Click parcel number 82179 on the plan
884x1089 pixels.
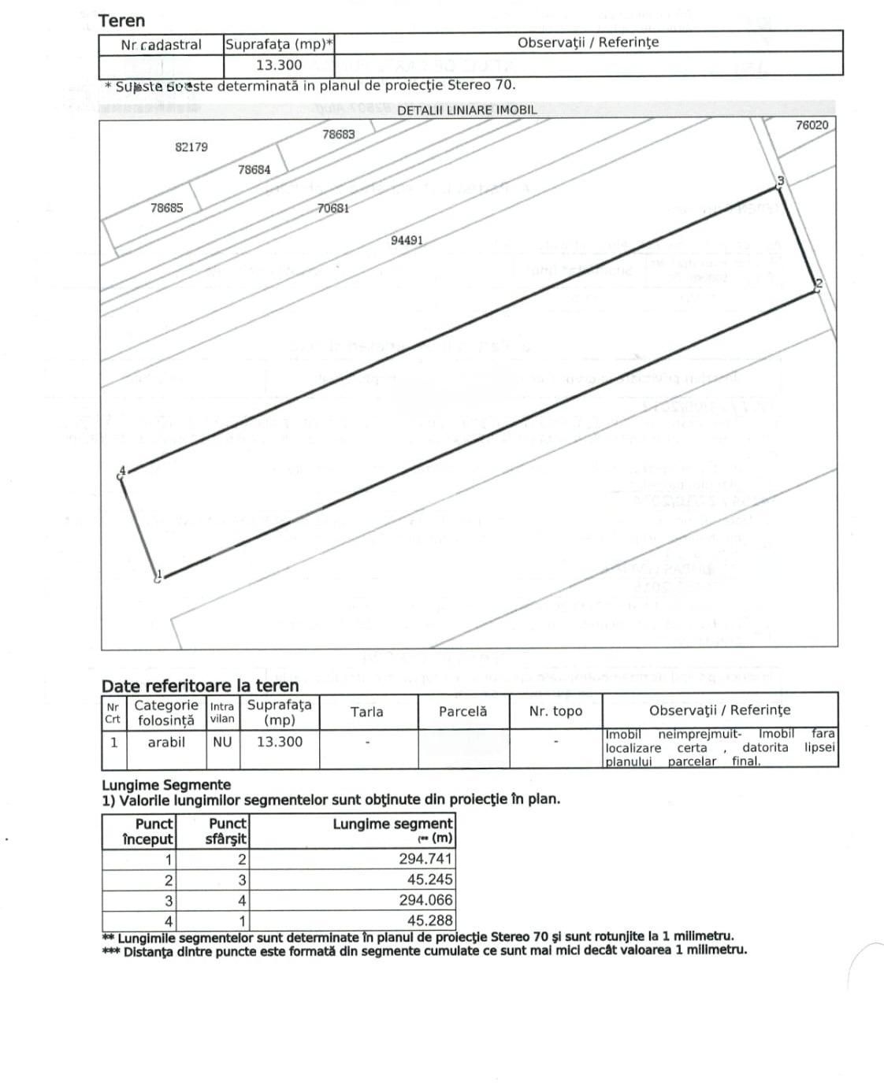click(x=191, y=147)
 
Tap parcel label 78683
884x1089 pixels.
click(x=339, y=135)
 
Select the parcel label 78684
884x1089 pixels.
click(x=254, y=169)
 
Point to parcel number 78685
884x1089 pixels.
click(x=167, y=208)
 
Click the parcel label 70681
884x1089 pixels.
click(x=333, y=209)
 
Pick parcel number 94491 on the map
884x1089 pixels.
click(x=407, y=240)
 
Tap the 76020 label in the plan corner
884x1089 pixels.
click(x=812, y=125)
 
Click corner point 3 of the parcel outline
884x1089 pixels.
click(x=778, y=186)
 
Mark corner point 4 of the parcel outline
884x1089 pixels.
click(x=123, y=472)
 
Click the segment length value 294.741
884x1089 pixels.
click(x=425, y=859)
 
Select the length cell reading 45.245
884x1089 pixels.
click(x=430, y=880)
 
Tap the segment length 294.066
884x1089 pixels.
click(x=425, y=900)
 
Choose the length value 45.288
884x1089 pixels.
click(x=430, y=920)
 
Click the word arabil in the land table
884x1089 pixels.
click(x=166, y=742)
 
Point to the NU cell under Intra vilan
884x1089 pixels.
click(x=222, y=742)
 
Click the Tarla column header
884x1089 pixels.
click(x=367, y=712)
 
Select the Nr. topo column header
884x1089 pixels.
click(x=556, y=712)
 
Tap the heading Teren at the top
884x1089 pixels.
click(x=121, y=21)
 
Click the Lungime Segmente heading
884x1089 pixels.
click(x=166, y=785)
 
